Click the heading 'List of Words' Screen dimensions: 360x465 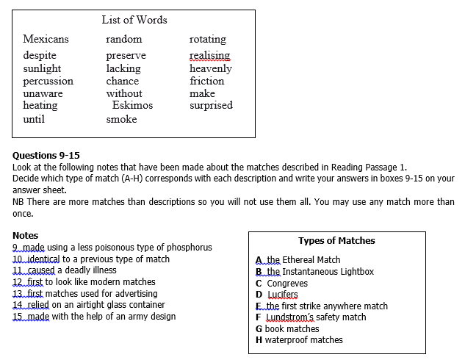tap(134, 20)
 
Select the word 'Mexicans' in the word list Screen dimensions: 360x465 tap(46, 39)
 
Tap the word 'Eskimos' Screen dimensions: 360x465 tap(132, 105)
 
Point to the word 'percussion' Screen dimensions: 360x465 tap(48, 81)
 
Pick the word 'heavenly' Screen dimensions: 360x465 tap(210, 68)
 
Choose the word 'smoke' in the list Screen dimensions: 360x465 tap(121, 119)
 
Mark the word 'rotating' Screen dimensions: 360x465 tap(208, 39)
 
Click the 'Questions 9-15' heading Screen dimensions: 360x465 tap(46, 155)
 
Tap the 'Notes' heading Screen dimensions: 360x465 tap(26, 236)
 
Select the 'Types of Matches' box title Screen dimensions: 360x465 tap(336, 241)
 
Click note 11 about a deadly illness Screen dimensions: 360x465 tap(65, 270)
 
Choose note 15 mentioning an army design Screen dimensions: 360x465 tap(94, 317)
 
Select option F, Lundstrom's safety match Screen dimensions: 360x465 tap(310, 317)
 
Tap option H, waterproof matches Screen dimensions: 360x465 tap(299, 340)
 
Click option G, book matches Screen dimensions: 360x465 tap(287, 328)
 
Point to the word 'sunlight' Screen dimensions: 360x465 tap(42, 68)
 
